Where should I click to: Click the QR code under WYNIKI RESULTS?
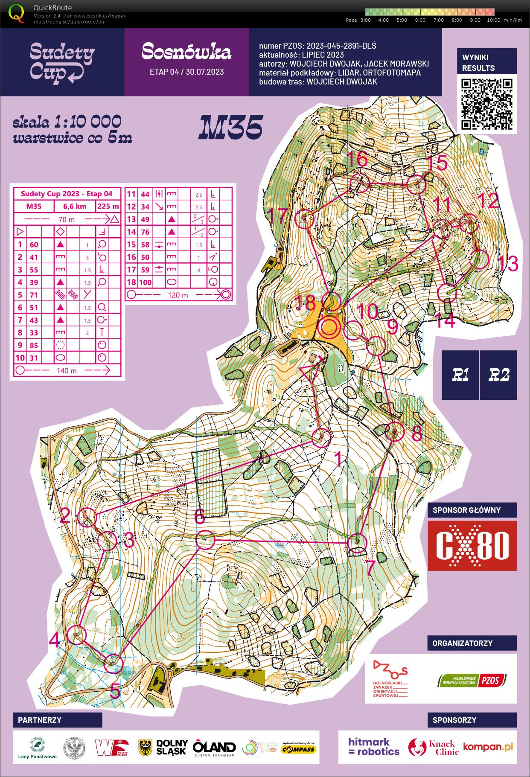point(486,104)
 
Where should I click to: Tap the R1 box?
point(460,375)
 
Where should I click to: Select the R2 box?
point(498,375)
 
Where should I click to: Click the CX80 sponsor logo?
point(472,545)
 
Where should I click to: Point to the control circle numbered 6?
point(205,540)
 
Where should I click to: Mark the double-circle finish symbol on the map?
point(329,328)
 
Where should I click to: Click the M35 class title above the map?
point(230,127)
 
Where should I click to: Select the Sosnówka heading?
point(186,52)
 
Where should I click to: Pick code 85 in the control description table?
point(34,345)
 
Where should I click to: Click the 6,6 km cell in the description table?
point(75,207)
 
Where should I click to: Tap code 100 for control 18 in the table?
point(145,282)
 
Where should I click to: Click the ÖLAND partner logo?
point(214,748)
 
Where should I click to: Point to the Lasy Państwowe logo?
point(38,748)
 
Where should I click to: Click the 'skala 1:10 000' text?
point(67,122)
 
